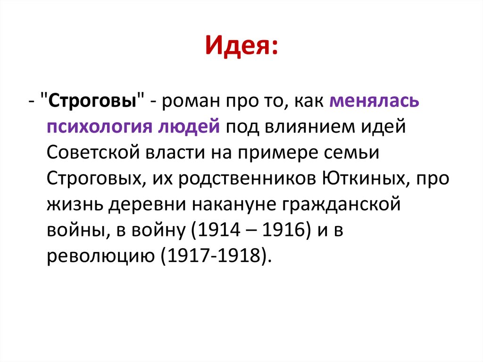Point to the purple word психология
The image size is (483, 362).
pyautogui.click(x=97, y=127)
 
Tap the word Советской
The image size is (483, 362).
pyautogui.click(x=93, y=152)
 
